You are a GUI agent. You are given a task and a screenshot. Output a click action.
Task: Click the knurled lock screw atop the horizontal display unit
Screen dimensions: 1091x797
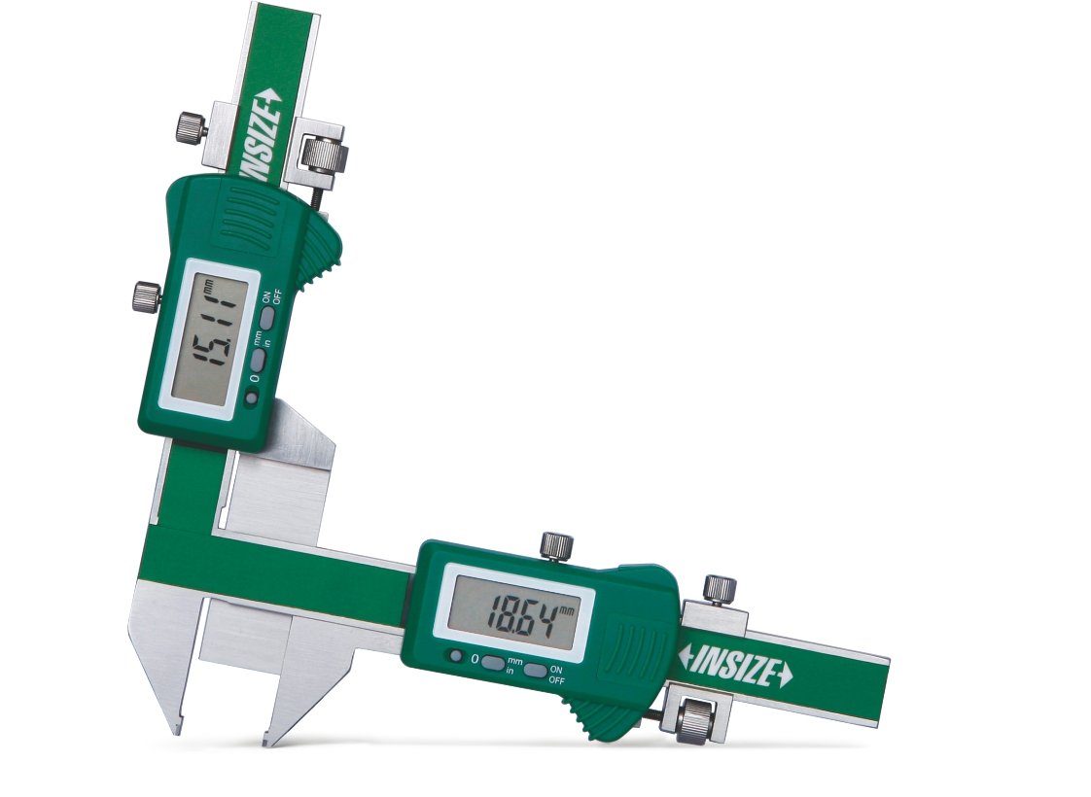tap(556, 544)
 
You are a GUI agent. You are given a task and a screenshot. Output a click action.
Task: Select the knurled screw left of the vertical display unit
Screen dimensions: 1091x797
tap(147, 295)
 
